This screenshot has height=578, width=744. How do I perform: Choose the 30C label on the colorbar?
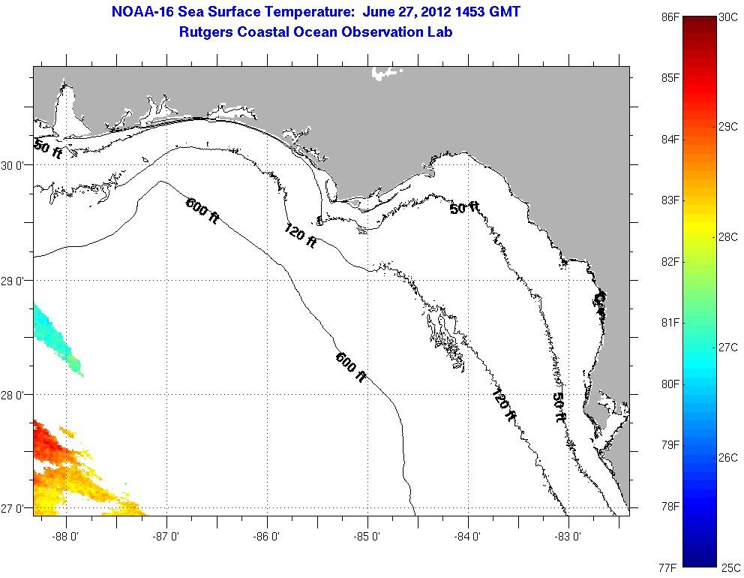(x=727, y=16)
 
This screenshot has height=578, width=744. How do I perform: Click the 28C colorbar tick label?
(x=727, y=236)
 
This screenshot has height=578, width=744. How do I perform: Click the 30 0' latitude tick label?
(x=16, y=166)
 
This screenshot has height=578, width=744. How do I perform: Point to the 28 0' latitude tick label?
(x=16, y=395)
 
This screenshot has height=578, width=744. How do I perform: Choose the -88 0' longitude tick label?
(x=67, y=537)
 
